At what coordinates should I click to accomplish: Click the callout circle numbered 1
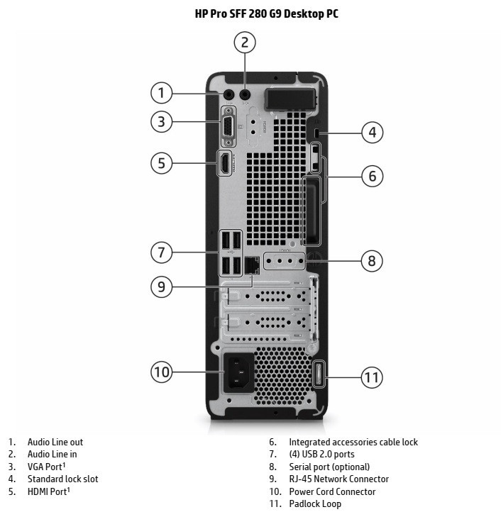(x=162, y=93)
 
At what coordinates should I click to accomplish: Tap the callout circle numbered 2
(x=245, y=43)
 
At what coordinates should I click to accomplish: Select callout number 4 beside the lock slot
(x=371, y=132)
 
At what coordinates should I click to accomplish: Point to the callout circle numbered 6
(x=371, y=175)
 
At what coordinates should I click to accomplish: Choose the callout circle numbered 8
(x=371, y=261)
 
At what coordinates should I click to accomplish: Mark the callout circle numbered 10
(x=162, y=372)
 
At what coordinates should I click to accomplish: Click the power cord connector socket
(x=239, y=372)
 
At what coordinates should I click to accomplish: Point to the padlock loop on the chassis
(x=318, y=374)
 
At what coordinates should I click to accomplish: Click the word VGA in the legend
(x=36, y=467)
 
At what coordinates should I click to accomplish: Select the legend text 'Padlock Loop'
(x=315, y=503)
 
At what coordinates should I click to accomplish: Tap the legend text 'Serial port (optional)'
(x=329, y=467)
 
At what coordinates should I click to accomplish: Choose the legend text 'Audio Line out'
(x=55, y=443)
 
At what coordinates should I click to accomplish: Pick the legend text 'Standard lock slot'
(x=62, y=479)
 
